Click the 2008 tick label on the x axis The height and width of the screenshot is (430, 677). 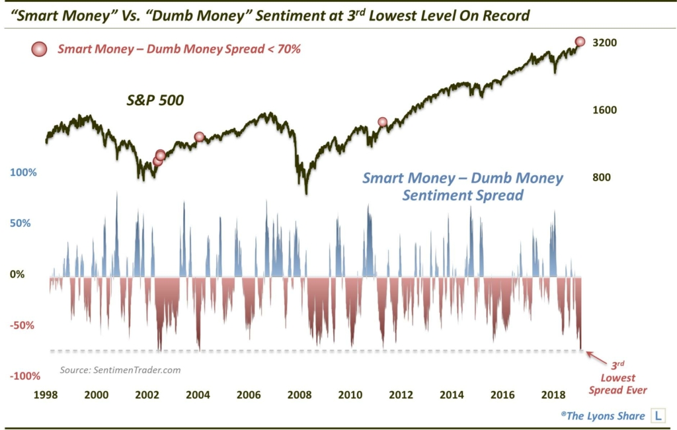pyautogui.click(x=300, y=395)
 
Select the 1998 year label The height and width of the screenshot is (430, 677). pyautogui.click(x=46, y=395)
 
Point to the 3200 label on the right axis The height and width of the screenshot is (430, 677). pyautogui.click(x=604, y=43)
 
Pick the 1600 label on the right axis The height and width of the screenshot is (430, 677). pyautogui.click(x=604, y=110)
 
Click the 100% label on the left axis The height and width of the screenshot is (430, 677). pyautogui.click(x=24, y=173)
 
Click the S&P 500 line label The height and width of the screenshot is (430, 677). pyautogui.click(x=155, y=101)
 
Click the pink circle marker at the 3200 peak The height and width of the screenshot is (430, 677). pyautogui.click(x=580, y=42)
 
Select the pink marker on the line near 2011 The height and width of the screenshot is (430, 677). pyautogui.click(x=382, y=122)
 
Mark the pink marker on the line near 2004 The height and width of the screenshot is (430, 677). pyautogui.click(x=199, y=137)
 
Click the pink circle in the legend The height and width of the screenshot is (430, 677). pyautogui.click(x=40, y=48)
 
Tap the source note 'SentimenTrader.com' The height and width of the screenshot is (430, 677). pyautogui.click(x=120, y=370)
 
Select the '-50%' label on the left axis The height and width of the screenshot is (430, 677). pyautogui.click(x=25, y=325)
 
